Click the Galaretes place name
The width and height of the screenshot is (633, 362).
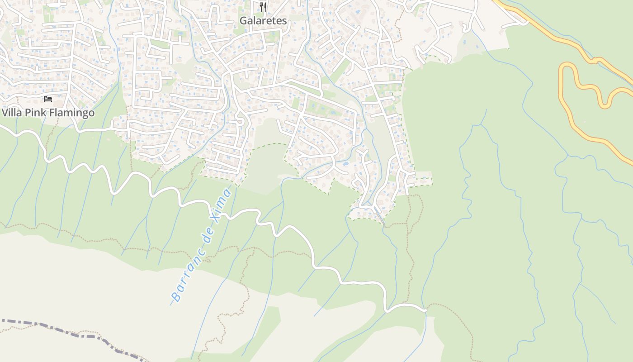263,21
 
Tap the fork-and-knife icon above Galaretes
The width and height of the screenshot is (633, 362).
263,7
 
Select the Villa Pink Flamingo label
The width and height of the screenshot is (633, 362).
48,113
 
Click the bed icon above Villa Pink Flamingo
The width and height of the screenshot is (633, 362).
48,99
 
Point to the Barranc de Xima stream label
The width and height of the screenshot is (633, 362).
202,245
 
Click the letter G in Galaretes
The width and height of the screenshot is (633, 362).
243,21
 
